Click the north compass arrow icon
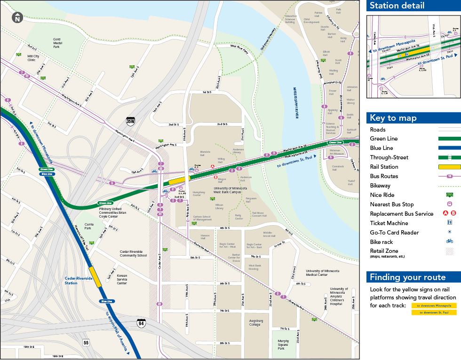17,18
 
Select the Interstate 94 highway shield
141,322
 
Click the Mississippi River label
296,102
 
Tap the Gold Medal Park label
56,43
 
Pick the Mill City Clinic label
32,58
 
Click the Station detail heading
397,6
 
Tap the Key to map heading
393,118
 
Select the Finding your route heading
407,277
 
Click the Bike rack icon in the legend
449,242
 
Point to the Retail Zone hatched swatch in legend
449,251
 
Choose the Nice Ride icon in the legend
449,195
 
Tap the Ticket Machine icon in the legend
449,223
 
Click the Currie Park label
89,226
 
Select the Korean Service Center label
121,280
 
